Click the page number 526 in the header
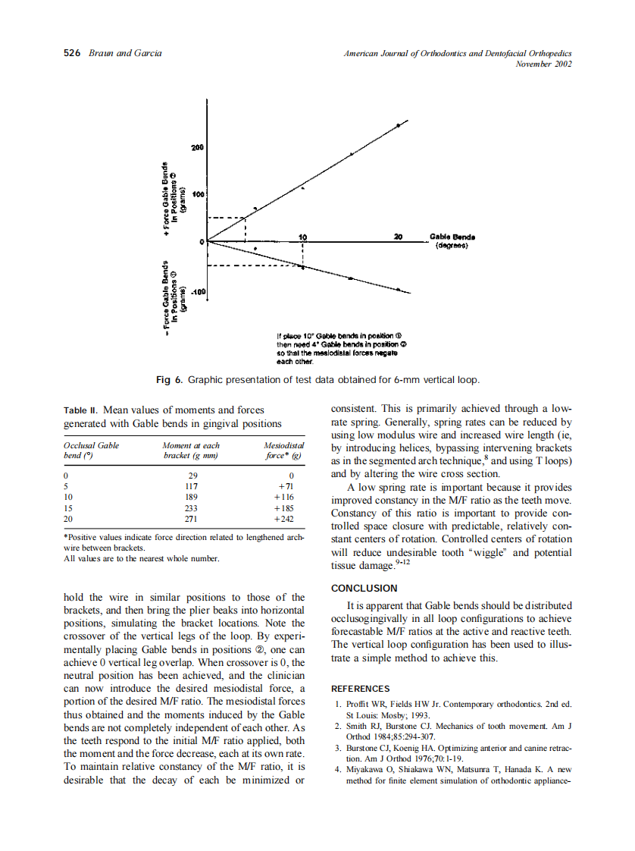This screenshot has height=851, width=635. coord(72,53)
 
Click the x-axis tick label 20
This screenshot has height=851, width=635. coord(399,236)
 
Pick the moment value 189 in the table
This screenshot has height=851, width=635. coord(191,498)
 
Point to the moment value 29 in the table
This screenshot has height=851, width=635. coord(191,475)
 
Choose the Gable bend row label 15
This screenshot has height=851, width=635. coord(68,509)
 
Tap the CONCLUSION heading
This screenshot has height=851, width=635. coord(364,588)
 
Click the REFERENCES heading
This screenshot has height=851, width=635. coord(361,689)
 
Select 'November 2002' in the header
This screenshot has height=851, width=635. coord(543,64)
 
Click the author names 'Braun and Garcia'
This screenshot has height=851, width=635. coord(125,53)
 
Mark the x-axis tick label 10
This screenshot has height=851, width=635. coord(303,236)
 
